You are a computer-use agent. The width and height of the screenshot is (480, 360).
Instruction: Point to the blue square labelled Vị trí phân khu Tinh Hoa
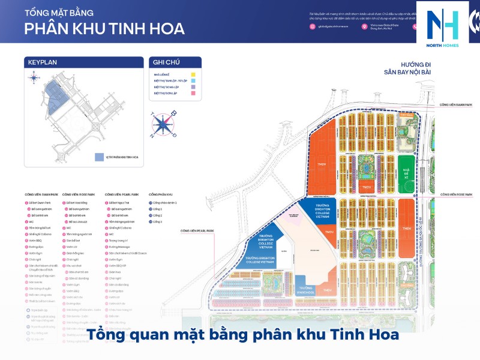click(99, 157)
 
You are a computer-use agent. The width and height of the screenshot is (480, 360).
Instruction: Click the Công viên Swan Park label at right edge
click(458, 103)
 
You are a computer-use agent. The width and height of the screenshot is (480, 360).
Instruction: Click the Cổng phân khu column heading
click(161, 194)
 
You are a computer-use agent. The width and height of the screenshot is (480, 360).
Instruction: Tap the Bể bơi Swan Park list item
click(41, 203)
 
